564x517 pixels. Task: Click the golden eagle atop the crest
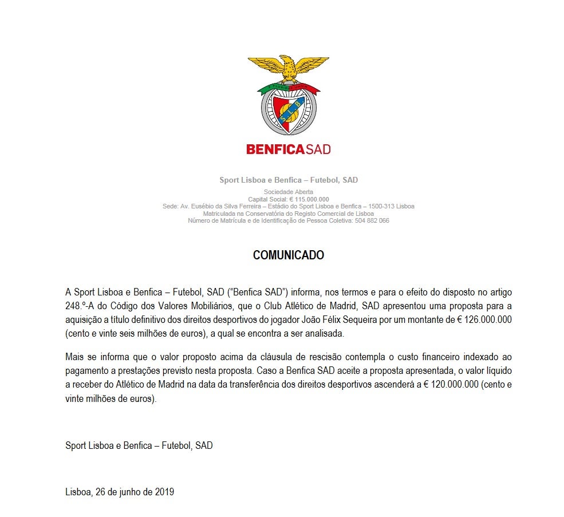click(x=288, y=68)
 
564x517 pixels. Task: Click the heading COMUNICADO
click(x=289, y=255)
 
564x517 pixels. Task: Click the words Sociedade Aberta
click(x=289, y=192)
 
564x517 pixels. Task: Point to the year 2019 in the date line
click(x=164, y=491)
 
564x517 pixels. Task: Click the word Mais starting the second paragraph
click(x=75, y=358)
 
